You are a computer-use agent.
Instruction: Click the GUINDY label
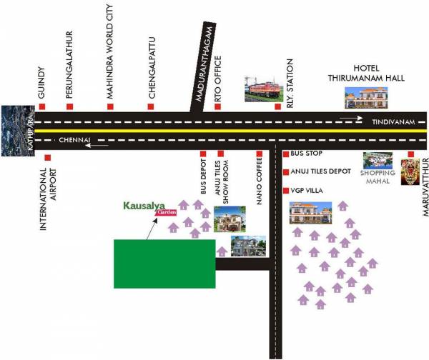(x=42, y=83)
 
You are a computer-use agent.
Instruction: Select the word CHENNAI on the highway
(x=74, y=140)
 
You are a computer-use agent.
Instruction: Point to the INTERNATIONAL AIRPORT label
(x=47, y=198)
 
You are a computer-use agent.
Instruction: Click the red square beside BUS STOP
(x=286, y=154)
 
